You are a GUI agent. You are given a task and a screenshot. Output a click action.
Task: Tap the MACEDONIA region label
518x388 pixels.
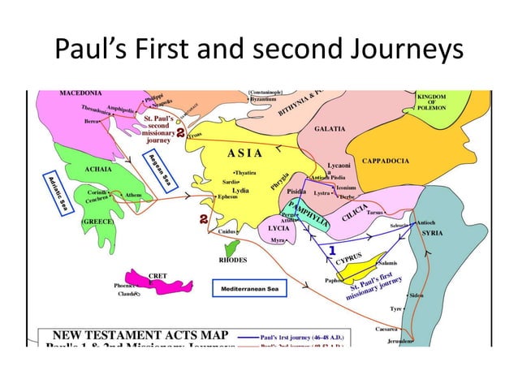[x=80, y=93]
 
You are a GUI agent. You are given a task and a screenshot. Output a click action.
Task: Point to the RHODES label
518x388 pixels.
[x=233, y=261]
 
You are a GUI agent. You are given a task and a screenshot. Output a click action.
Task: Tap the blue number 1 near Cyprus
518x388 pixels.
[x=332, y=249]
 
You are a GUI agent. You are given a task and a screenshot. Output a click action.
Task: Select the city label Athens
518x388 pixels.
[x=133, y=195]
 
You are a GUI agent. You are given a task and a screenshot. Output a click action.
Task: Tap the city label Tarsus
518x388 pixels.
[x=374, y=213]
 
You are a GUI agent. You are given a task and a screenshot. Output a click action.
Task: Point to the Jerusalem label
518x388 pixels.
[x=401, y=343]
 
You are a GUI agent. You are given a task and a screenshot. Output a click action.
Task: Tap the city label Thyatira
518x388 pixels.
[x=244, y=172]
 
